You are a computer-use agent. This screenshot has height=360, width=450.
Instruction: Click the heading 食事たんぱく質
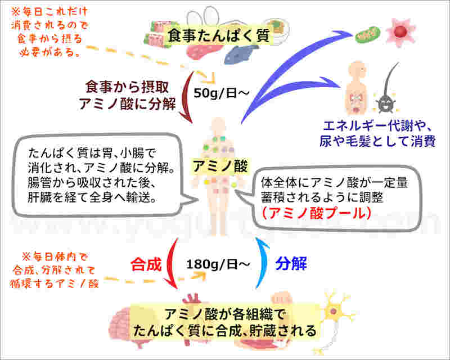[219, 36]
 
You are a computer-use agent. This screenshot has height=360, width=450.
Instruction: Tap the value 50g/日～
[221, 93]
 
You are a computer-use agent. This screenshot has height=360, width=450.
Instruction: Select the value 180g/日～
[218, 264]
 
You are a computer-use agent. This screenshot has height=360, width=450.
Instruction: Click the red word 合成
[146, 264]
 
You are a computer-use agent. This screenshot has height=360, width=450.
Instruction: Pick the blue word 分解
[291, 264]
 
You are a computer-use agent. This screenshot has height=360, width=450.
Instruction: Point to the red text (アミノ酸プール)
[317, 213]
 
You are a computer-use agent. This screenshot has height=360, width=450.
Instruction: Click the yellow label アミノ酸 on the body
[220, 166]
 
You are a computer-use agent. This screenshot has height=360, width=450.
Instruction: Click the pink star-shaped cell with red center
[400, 31]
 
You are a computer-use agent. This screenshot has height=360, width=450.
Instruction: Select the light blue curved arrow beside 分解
[263, 263]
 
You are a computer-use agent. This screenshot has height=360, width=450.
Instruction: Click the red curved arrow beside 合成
[170, 263]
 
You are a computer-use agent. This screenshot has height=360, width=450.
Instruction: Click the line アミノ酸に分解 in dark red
[128, 104]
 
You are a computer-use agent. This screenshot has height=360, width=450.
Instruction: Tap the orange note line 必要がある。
[49, 52]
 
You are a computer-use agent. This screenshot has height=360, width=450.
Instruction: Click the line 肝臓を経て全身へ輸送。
[92, 197]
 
